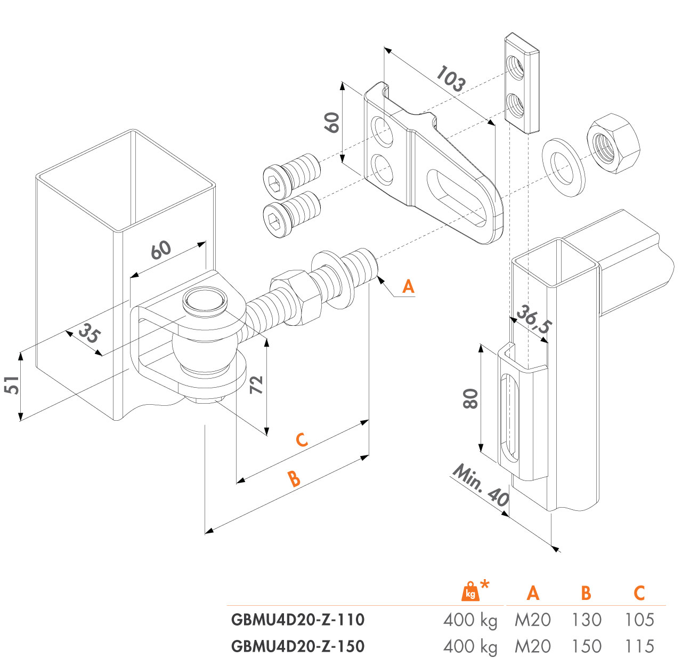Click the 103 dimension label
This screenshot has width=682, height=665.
[451, 79]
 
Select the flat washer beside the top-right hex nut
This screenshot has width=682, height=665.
[563, 166]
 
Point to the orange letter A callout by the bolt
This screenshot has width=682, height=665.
[408, 286]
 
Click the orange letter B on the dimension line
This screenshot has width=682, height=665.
[294, 478]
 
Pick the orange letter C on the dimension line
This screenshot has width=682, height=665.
[302, 440]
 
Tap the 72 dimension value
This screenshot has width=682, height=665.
[256, 384]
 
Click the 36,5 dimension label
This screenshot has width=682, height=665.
[533, 319]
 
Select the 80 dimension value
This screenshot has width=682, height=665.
[470, 398]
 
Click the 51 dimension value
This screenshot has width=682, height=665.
[12, 384]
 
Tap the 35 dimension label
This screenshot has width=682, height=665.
[89, 334]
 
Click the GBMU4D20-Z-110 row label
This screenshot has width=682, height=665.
[298, 620]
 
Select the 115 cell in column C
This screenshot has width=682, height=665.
[639, 646]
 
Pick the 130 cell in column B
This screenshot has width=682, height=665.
[586, 620]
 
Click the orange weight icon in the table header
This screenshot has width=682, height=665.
[470, 591]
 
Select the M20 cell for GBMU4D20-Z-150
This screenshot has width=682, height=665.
[532, 646]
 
